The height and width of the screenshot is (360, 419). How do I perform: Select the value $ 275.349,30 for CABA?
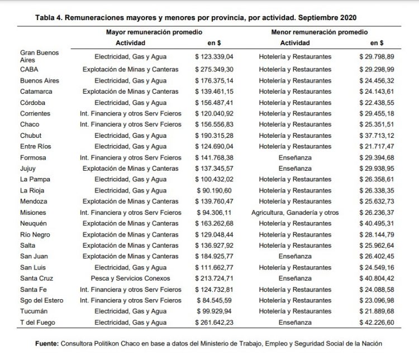217,70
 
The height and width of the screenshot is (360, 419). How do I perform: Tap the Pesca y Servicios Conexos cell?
130,279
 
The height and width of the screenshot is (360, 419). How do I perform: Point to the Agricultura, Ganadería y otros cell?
295,213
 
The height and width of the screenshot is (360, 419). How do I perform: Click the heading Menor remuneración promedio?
319,32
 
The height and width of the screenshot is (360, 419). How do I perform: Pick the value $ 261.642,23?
217,323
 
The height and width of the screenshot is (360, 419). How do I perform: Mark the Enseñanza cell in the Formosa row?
295,157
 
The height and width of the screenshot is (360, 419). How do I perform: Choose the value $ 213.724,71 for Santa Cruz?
217,279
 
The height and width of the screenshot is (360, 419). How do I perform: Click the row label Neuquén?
34,223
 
